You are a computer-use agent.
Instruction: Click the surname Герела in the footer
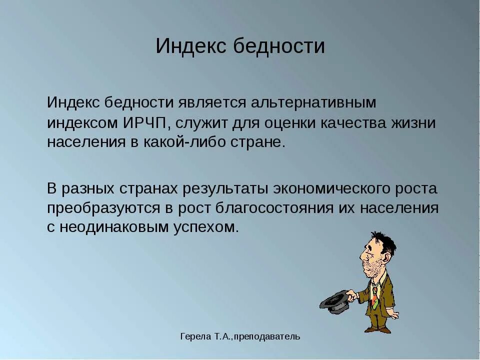click(x=193, y=336)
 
